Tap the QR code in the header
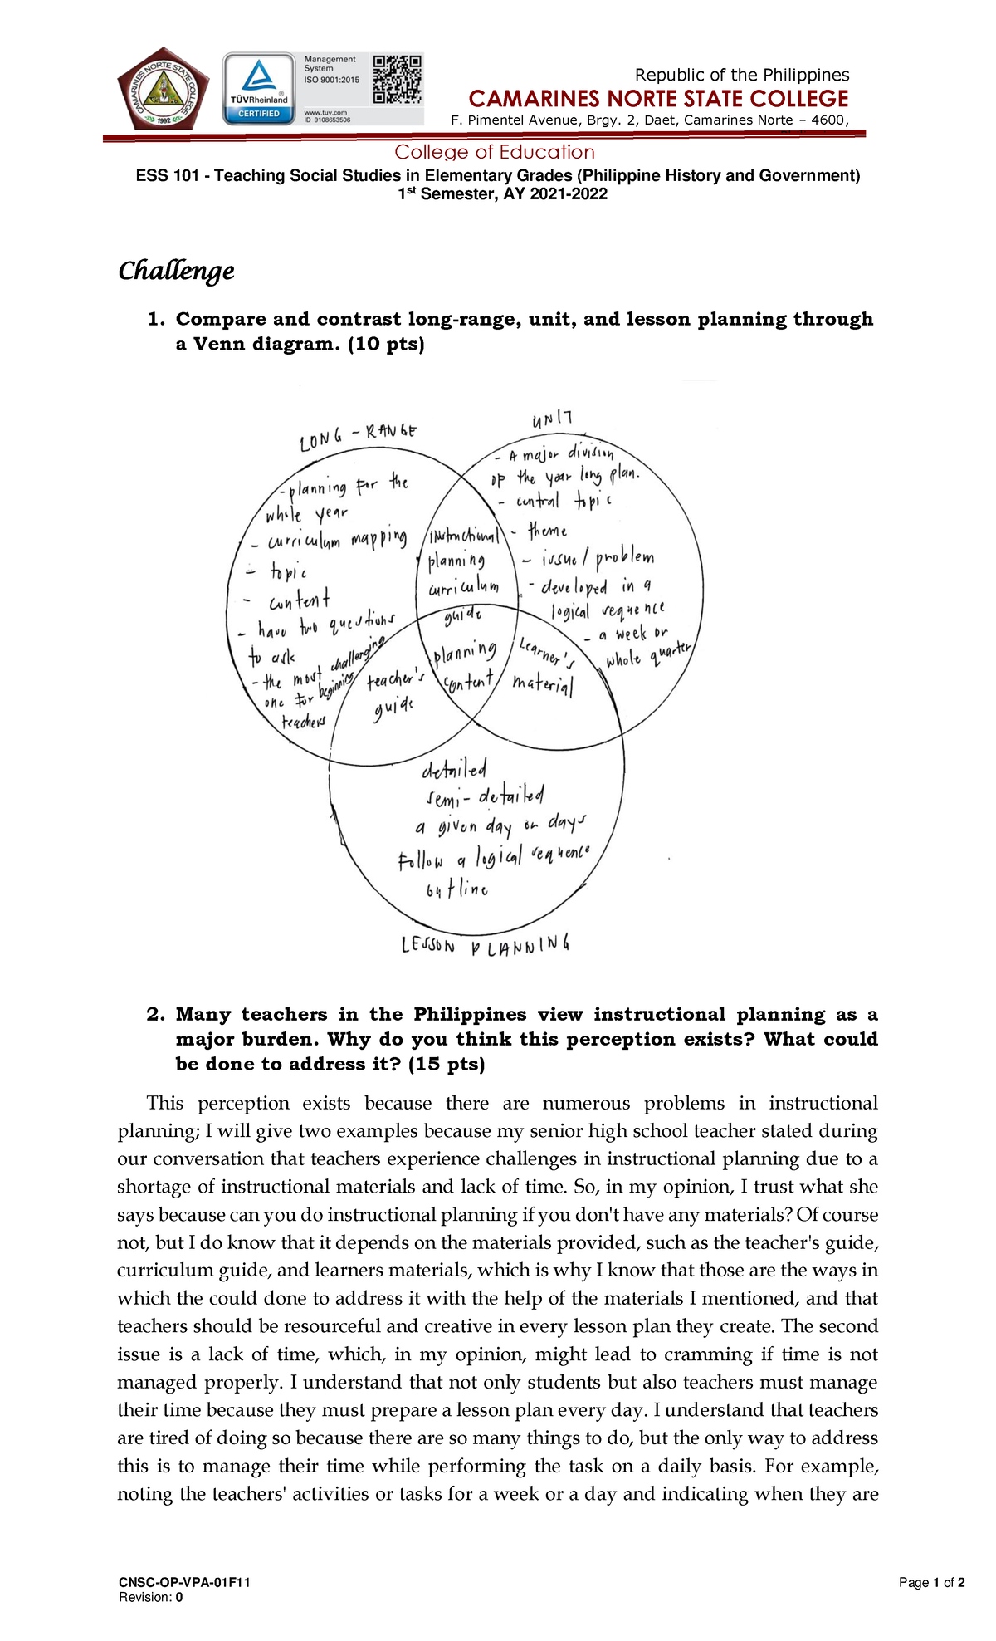397,79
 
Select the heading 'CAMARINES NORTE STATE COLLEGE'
658,100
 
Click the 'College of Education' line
495,152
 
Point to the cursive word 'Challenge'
176,271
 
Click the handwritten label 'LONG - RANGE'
358,434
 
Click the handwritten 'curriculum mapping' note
337,541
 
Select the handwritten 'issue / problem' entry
597,559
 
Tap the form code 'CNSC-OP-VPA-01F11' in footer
184,1582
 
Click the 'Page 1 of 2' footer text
931,1582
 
